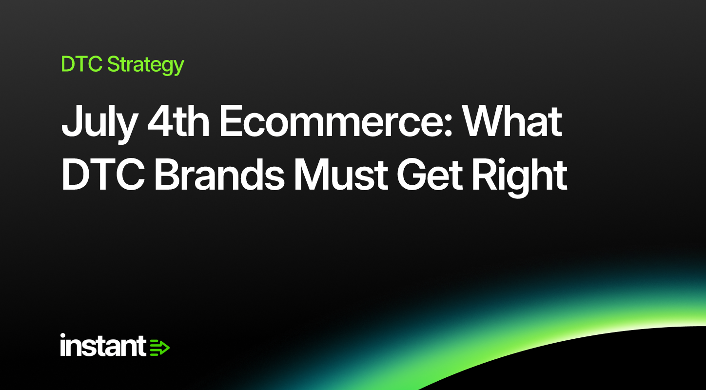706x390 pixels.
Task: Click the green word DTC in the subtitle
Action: tap(81, 64)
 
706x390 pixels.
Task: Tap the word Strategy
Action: tap(146, 65)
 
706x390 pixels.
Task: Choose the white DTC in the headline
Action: tap(103, 175)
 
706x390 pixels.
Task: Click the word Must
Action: tap(341, 175)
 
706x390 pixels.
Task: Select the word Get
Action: tap(430, 175)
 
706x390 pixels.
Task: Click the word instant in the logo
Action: tap(103, 345)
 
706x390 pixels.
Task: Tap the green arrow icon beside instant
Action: tap(160, 348)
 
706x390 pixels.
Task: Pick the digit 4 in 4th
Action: tap(160, 121)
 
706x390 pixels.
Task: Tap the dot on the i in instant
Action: tap(63, 335)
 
